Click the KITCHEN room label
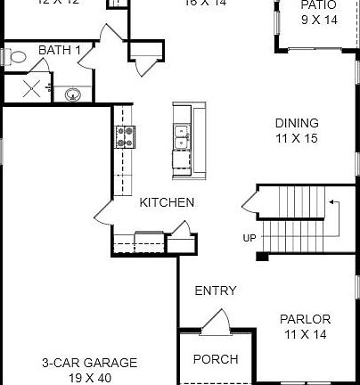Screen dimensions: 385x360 [x=167, y=203]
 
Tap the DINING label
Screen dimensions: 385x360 [x=297, y=124]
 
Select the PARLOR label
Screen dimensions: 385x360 [x=306, y=319]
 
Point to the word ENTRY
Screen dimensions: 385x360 [x=216, y=291]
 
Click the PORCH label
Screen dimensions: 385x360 [x=216, y=359]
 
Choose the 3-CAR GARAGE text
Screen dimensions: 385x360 [x=89, y=363]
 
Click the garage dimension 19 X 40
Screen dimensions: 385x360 [x=89, y=378]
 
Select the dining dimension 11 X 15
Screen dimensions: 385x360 [x=297, y=139]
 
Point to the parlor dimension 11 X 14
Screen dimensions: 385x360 [x=306, y=334]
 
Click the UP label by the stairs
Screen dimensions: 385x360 [x=250, y=238]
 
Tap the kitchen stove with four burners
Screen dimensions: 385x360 [x=125, y=136]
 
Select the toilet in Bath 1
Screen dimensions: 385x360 [x=15, y=56]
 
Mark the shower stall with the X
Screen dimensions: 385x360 [x=32, y=87]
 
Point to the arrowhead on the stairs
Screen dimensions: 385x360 [x=331, y=202]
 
